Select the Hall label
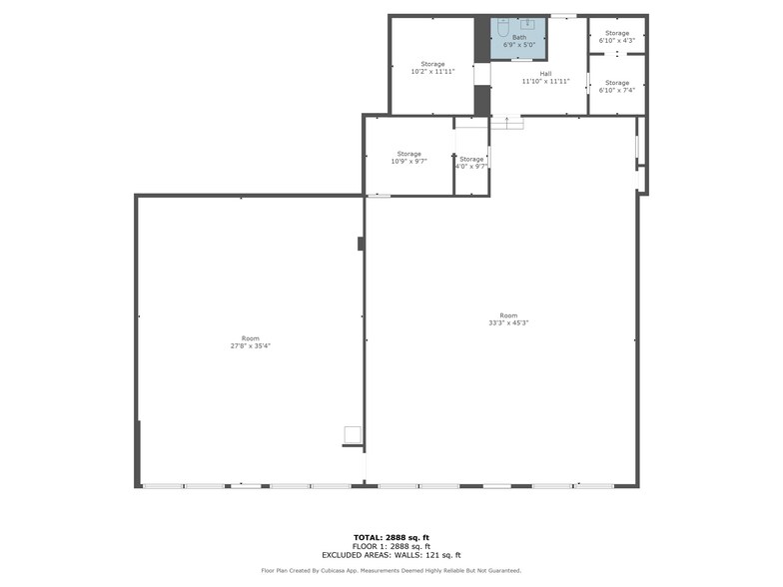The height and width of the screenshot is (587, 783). [545, 74]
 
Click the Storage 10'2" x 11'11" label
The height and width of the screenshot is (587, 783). [432, 68]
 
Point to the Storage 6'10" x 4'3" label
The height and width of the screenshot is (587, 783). [616, 37]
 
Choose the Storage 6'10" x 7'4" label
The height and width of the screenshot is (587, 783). [616, 86]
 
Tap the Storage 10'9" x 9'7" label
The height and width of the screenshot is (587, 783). [408, 157]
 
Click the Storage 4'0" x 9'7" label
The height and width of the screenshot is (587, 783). [471, 162]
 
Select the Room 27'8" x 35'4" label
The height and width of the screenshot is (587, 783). [250, 341]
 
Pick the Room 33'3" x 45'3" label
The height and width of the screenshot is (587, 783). [508, 319]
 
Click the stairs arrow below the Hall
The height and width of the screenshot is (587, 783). [507, 122]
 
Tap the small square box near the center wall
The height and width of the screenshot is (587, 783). [352, 433]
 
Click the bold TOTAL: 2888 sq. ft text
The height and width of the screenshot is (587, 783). [391, 536]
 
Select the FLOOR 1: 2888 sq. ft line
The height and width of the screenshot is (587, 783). [391, 546]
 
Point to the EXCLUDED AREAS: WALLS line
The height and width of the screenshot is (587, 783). [391, 555]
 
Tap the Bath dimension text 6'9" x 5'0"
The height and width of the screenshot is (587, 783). [519, 45]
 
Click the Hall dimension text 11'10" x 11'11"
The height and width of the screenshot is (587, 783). [545, 81]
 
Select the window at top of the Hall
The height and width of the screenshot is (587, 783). [564, 15]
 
